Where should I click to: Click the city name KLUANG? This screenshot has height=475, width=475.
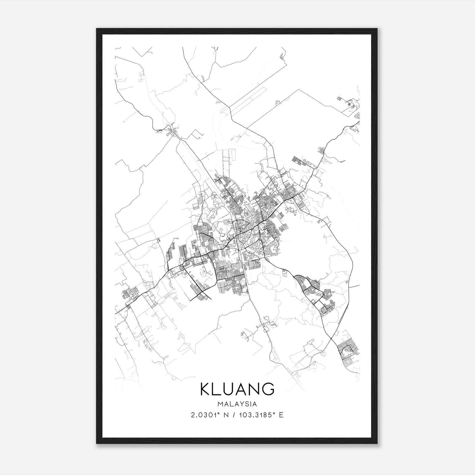click(237, 389)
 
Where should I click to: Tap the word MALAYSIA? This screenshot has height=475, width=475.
click(237, 404)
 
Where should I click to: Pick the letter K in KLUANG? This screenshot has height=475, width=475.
click(206, 389)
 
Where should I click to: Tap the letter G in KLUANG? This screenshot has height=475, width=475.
click(268, 389)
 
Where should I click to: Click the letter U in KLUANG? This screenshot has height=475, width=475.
click(230, 389)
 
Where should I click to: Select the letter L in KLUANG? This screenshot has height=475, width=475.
click(218, 389)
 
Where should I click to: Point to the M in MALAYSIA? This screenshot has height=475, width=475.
click(220, 404)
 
